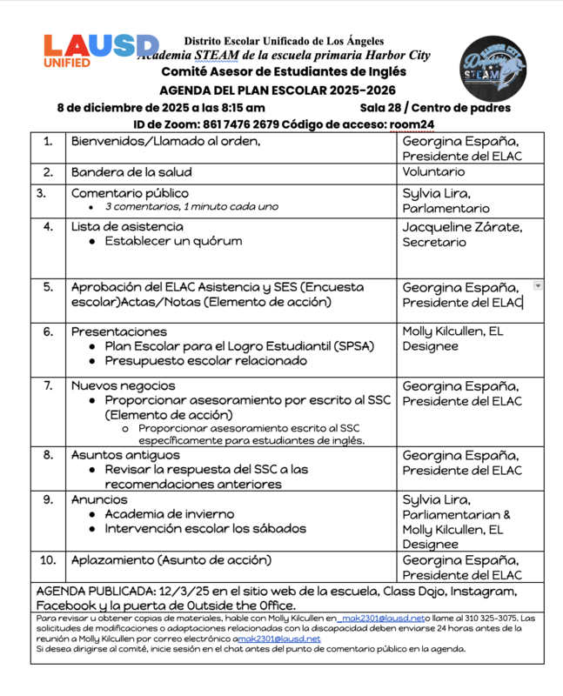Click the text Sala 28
tap(380, 108)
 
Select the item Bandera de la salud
tap(131, 172)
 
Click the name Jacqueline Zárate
tap(462, 226)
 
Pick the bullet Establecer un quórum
tap(173, 241)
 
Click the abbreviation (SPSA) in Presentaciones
tap(347, 346)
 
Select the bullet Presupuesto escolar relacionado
tap(205, 361)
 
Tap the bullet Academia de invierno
tap(169, 513)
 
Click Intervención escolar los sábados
tap(205, 528)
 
